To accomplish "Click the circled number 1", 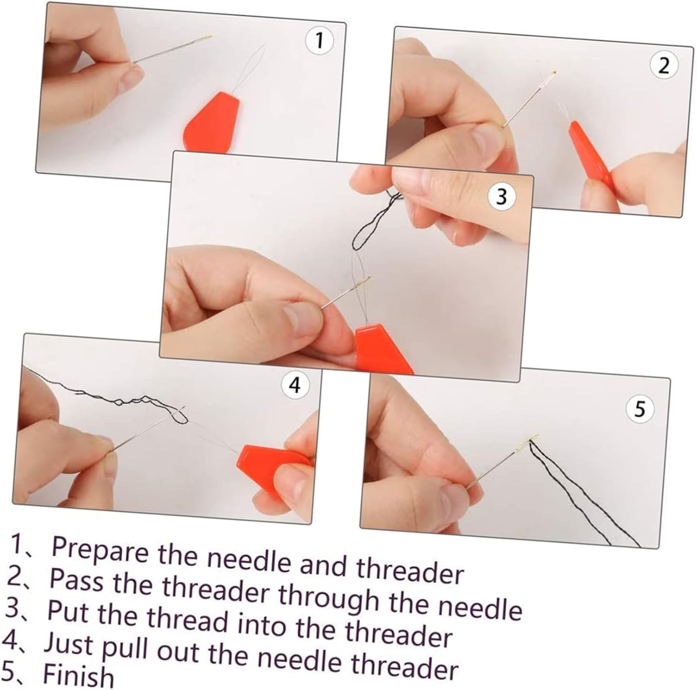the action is click(x=319, y=41).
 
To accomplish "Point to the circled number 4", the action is click(x=295, y=385).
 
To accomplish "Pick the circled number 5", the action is click(x=640, y=410).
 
